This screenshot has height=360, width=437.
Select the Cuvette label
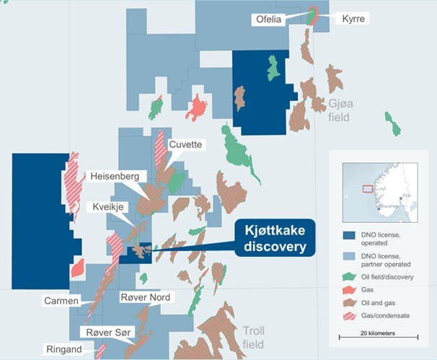point(186,144)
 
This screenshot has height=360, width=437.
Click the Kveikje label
point(110,207)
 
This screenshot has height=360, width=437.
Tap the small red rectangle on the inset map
point(367,189)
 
